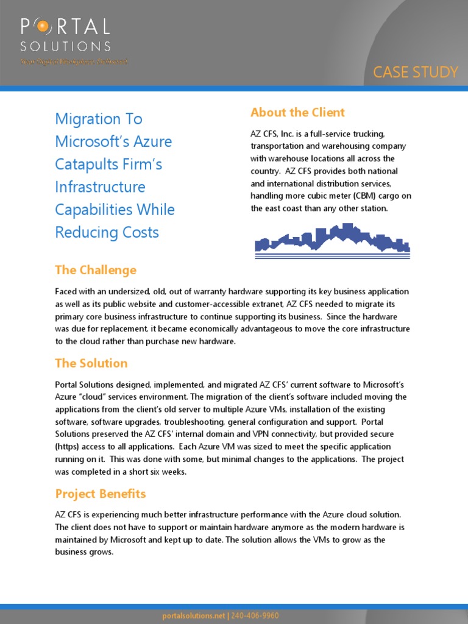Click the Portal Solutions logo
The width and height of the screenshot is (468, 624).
(x=65, y=35)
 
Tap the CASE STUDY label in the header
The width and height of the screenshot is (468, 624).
(x=415, y=72)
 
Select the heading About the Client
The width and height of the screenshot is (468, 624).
(x=297, y=112)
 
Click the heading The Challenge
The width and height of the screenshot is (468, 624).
(x=96, y=269)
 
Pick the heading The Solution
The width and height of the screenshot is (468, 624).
(x=91, y=363)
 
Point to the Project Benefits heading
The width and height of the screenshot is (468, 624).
(x=101, y=493)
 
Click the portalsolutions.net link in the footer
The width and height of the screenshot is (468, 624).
(x=193, y=615)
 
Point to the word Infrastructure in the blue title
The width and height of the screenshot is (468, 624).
(x=100, y=187)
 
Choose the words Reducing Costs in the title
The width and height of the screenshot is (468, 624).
(x=107, y=232)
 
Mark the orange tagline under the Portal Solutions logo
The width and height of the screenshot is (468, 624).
(x=65, y=62)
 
